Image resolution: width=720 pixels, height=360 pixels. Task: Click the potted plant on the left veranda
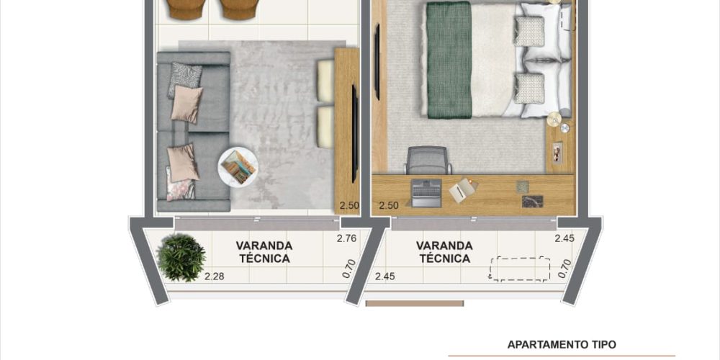coord(181,258)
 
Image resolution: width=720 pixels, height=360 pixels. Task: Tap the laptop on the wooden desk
coord(426,193)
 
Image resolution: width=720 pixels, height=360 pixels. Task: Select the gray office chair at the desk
coord(427,161)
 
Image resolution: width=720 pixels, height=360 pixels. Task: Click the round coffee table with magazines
coord(238,166)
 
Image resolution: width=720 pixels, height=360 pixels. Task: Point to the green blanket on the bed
coord(449,60)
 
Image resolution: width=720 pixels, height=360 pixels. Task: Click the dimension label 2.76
coord(347,238)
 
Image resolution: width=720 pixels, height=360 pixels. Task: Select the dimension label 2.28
coord(215,276)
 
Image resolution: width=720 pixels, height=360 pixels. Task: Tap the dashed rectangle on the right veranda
coord(520,269)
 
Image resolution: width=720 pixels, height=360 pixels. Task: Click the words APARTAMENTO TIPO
coord(562,344)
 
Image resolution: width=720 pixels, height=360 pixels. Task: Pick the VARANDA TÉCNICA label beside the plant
coord(264,252)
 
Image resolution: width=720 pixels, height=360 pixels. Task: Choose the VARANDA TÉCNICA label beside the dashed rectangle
coord(444,252)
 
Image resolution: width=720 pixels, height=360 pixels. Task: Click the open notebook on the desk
coord(463,189)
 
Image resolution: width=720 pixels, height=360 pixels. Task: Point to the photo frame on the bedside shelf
coord(558,151)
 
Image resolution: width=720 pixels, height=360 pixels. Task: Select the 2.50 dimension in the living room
coord(349,205)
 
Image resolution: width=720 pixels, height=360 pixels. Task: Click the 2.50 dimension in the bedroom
coord(389,205)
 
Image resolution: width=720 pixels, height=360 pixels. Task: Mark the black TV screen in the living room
coord(354,134)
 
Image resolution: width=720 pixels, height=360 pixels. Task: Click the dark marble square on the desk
coord(532,201)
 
